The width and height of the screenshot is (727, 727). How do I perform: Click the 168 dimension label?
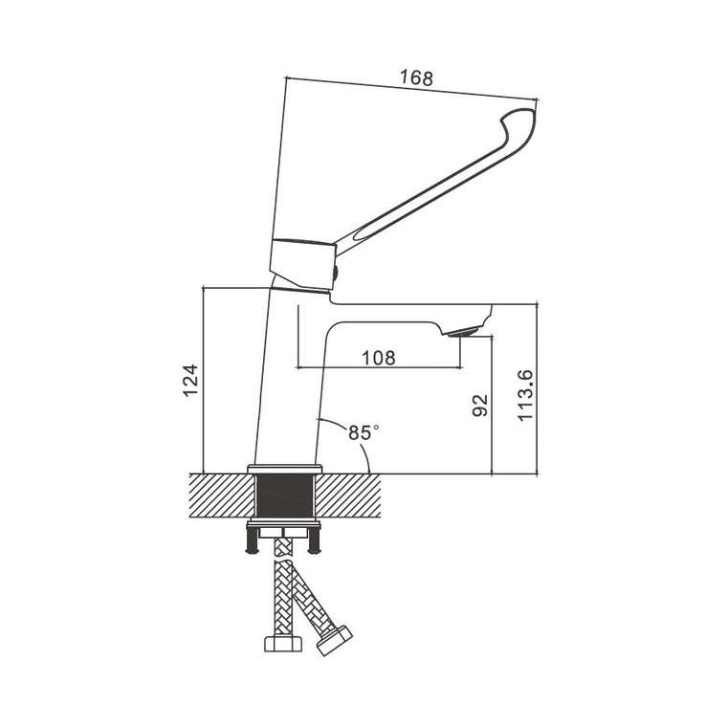pyautogui.click(x=416, y=77)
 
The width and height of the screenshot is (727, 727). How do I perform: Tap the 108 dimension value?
pyautogui.click(x=379, y=358)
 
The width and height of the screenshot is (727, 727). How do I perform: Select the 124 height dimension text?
pyautogui.click(x=190, y=381)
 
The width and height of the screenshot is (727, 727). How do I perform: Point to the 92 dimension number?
pyautogui.click(x=480, y=406)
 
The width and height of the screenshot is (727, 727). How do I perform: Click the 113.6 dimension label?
pyautogui.click(x=526, y=395)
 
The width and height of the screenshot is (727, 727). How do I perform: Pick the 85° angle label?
pyautogui.click(x=363, y=432)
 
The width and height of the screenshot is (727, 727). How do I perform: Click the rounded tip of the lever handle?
pyautogui.click(x=524, y=116)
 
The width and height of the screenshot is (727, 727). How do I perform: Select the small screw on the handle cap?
pyautogui.click(x=336, y=273)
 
